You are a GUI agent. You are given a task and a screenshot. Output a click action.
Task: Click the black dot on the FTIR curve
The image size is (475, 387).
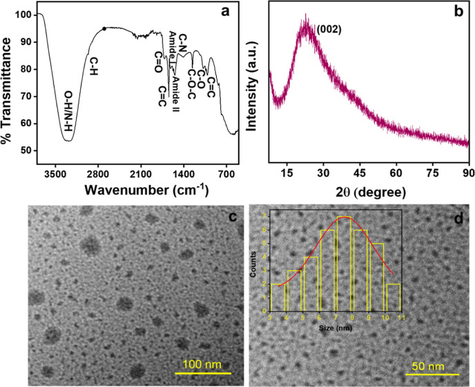[x=104, y=29]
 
